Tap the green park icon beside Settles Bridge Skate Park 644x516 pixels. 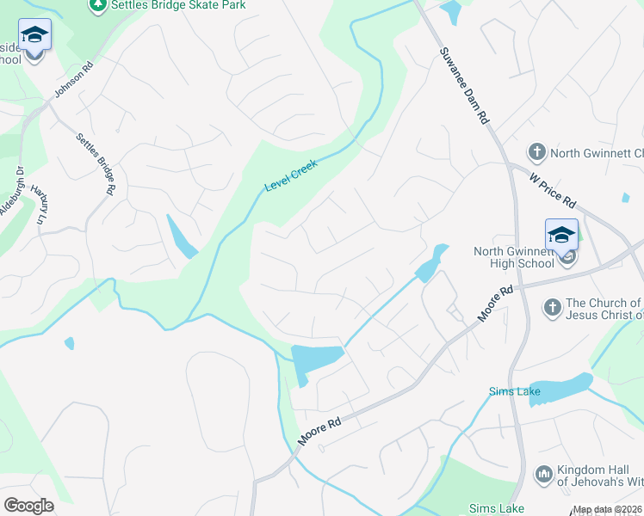coord(96,5)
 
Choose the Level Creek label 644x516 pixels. coord(291,175)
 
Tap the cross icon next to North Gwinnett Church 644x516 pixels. coord(536,153)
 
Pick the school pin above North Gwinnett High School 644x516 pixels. coord(561,236)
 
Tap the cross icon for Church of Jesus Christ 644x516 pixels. coord(552,306)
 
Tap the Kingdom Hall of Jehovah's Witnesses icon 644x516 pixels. coord(543,474)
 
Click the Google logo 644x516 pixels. coord(28,506)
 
